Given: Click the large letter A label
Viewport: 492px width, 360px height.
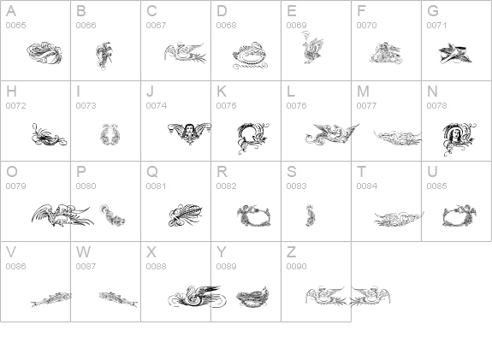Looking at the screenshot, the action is tap(11, 11).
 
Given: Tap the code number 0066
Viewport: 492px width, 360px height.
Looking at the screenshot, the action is tap(86, 25).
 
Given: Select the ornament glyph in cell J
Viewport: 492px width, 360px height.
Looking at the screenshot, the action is tap(189, 133).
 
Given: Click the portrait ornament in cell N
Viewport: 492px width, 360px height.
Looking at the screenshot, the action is tap(459, 139).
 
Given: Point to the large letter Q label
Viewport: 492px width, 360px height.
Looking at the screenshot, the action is tap(152, 172).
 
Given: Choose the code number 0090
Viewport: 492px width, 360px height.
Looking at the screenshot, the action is tap(297, 266).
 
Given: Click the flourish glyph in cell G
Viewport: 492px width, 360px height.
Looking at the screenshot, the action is tap(455, 54).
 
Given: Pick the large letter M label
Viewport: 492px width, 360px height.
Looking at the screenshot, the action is tap(363, 91).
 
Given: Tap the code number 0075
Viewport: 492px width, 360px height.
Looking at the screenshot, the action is tap(226, 106).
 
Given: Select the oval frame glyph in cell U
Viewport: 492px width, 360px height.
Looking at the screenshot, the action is tap(459, 215).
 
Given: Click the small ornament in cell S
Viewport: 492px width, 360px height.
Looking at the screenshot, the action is tap(311, 215).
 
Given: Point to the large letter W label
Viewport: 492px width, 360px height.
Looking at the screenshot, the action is tap(84, 252).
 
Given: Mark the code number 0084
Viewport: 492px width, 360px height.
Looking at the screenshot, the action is tap(367, 186).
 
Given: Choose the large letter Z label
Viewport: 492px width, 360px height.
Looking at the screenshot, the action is tap(291, 252).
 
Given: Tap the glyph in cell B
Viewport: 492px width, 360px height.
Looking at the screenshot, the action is tap(104, 56).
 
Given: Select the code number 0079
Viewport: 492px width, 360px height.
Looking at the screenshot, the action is tap(15, 186).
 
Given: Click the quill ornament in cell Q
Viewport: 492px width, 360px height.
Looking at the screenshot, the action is tap(186, 215).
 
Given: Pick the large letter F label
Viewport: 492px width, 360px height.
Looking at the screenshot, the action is tap(361, 11).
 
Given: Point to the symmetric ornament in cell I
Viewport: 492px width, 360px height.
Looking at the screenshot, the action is tap(110, 134).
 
